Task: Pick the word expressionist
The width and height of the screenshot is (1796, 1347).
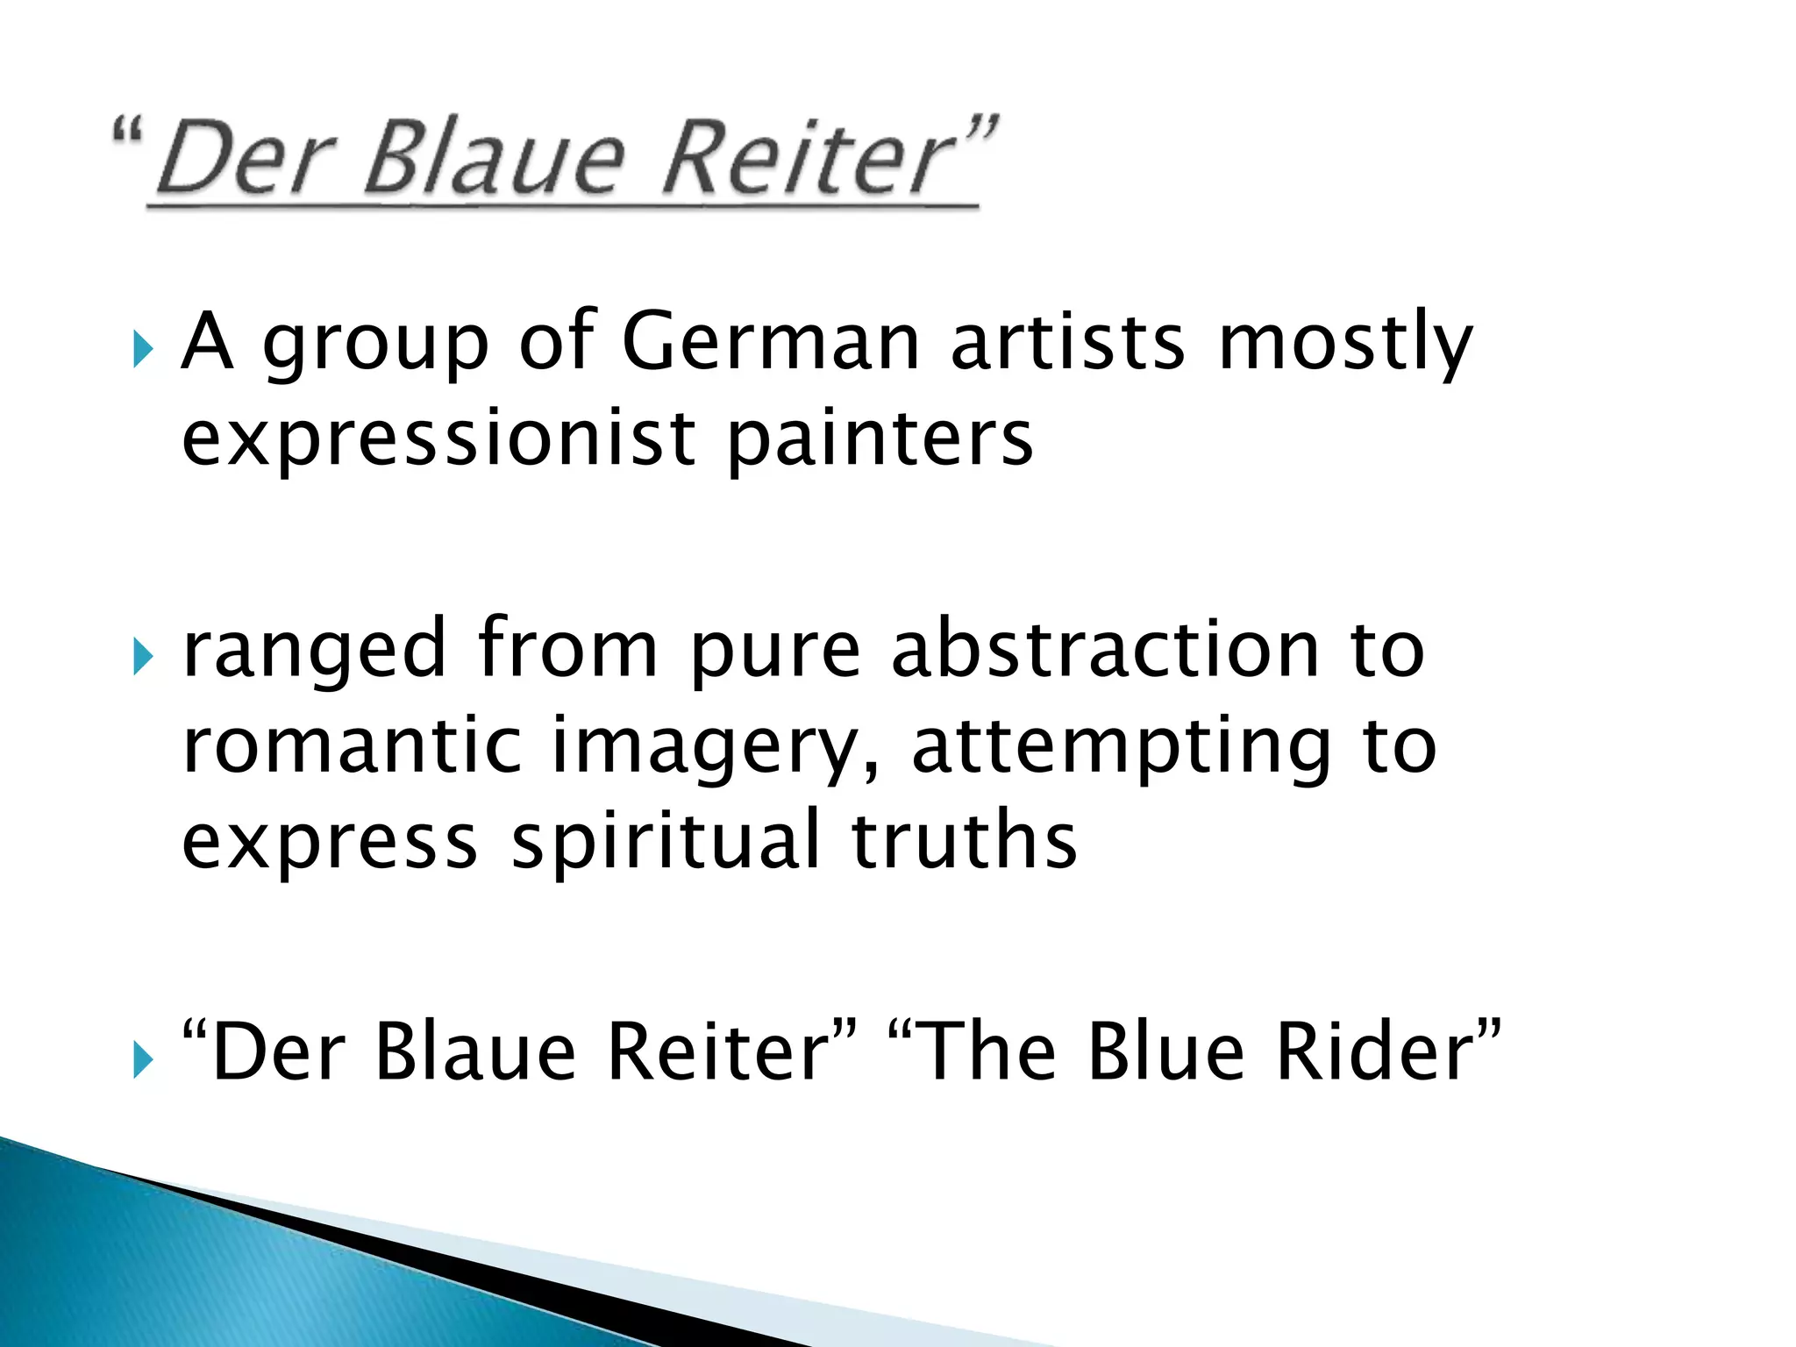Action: pyautogui.click(x=438, y=438)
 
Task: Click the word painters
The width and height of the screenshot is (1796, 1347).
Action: pyautogui.click(x=880, y=438)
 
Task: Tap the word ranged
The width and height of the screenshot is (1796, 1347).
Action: pyautogui.click(x=315, y=651)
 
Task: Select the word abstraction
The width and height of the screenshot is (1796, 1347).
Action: pyautogui.click(x=1106, y=649)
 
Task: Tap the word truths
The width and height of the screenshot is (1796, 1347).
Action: pyautogui.click(x=964, y=840)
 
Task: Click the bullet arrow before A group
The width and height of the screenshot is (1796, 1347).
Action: pyautogui.click(x=144, y=352)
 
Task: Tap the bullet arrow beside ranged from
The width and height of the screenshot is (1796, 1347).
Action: pyautogui.click(x=144, y=659)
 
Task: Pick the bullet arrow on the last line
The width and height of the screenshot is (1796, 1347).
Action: pyautogui.click(x=144, y=1061)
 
